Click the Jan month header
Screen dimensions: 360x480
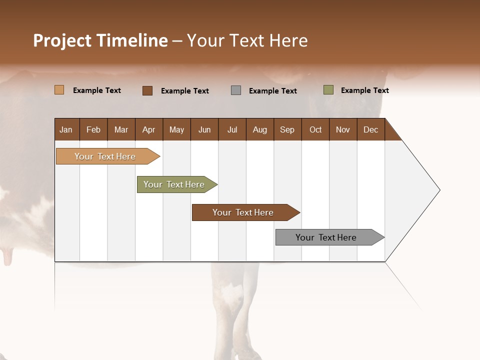(66, 129)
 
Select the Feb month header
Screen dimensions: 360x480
(93, 129)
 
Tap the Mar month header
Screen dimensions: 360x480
(121, 129)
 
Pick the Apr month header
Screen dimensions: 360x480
(149, 129)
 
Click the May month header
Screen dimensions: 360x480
(176, 129)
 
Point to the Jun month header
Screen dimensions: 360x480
(204, 129)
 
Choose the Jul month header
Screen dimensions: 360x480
(232, 129)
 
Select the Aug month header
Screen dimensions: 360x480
(259, 129)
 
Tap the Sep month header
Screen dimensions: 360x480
(287, 129)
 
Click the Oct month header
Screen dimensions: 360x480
(315, 129)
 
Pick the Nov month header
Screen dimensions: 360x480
(343, 129)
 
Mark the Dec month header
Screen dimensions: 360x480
(370, 129)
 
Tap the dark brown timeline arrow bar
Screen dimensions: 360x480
(243, 212)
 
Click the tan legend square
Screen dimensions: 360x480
(59, 90)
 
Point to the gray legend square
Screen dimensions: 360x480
(236, 90)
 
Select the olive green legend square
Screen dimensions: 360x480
(328, 90)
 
